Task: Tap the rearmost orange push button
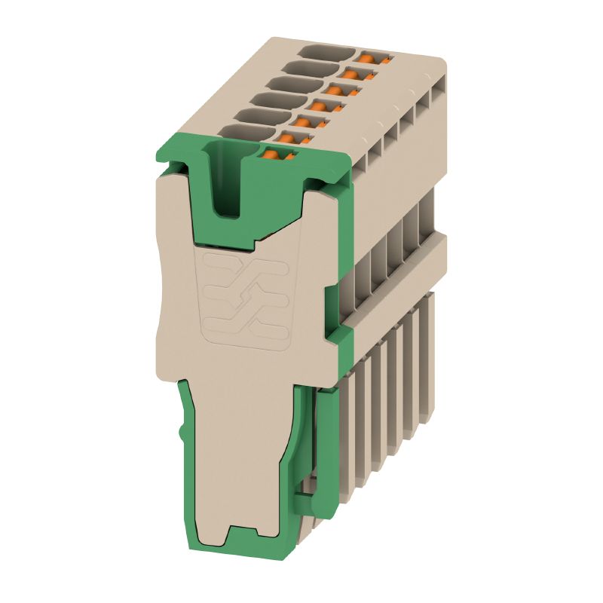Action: pos(375,57)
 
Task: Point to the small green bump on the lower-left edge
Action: pos(182,433)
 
